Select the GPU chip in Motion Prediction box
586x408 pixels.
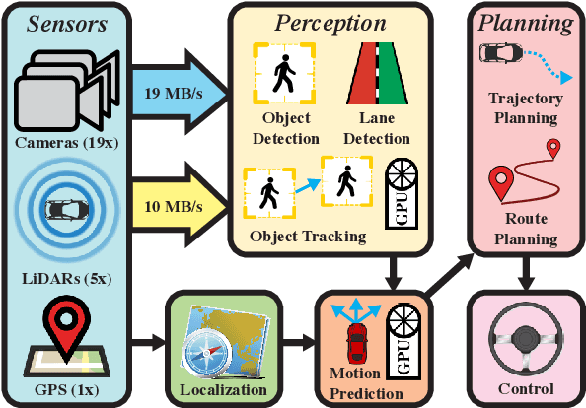(406, 341)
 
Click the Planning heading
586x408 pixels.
(523, 22)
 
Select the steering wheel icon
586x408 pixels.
(524, 340)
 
